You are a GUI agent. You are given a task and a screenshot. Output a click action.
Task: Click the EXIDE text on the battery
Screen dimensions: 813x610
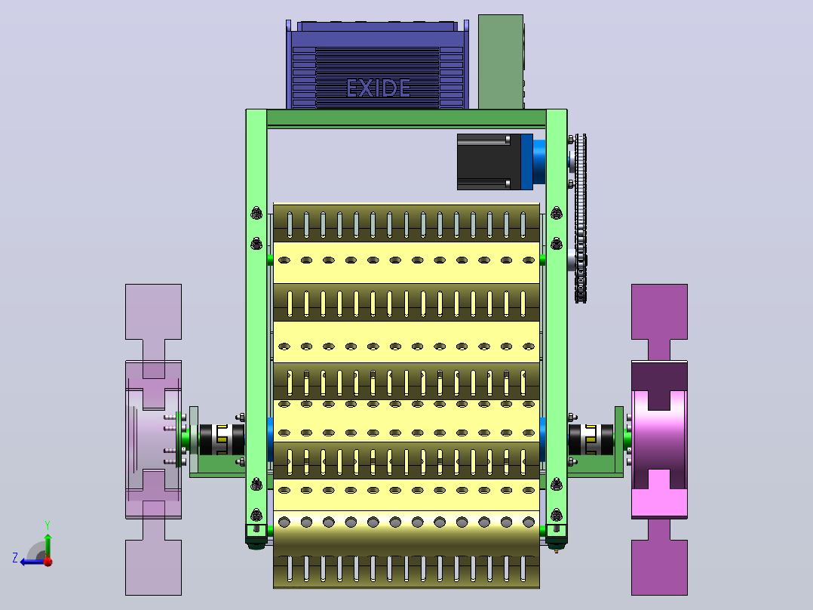(378, 88)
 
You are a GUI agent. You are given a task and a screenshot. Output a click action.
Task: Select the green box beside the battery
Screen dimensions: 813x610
(501, 62)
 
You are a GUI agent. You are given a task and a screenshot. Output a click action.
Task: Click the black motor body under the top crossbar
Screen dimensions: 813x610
(489, 162)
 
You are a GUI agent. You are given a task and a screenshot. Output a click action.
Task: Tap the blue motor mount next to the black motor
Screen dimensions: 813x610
(533, 162)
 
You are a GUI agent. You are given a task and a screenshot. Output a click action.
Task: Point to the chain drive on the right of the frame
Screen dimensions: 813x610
(580, 218)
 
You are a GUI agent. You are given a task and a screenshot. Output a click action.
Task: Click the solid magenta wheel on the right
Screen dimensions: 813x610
(659, 439)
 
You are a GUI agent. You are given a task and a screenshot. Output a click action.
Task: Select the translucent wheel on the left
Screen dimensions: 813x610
(154, 439)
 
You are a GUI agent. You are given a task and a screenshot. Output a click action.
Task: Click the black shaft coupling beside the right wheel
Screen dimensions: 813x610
(591, 439)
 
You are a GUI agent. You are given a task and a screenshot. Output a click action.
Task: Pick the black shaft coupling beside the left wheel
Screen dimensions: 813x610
(222, 439)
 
